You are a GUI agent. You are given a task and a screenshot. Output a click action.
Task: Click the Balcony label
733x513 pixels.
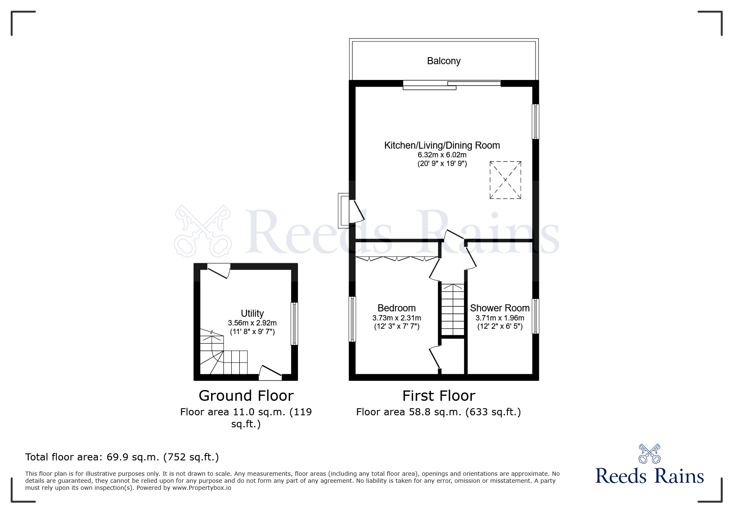click(444, 61)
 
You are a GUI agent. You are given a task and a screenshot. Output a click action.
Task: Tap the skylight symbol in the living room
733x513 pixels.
click(505, 180)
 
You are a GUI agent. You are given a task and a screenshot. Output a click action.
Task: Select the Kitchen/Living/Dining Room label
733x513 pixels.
click(442, 145)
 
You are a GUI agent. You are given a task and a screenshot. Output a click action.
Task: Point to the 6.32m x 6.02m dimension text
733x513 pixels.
click(442, 155)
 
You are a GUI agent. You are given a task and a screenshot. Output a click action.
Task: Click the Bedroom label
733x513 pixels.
click(397, 308)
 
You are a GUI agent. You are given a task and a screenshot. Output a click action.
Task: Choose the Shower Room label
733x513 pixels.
click(500, 308)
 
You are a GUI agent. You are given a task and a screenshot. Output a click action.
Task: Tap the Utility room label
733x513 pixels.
click(252, 313)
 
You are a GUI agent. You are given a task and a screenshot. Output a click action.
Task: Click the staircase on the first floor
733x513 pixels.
click(453, 310)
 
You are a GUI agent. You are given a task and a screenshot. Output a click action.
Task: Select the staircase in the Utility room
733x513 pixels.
click(224, 352)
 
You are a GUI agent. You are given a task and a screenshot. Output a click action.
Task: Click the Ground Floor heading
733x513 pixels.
click(246, 396)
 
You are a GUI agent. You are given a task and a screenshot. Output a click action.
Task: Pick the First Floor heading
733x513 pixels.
click(439, 396)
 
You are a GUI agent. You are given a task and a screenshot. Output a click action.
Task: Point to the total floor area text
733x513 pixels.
click(122, 457)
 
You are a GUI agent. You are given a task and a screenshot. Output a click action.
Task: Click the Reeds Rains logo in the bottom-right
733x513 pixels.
click(649, 464)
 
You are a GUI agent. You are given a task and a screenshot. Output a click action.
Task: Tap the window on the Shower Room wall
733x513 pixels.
click(535, 316)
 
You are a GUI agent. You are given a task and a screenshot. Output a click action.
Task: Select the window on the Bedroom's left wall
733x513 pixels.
click(352, 319)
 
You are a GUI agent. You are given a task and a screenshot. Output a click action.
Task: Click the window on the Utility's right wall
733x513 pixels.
click(294, 323)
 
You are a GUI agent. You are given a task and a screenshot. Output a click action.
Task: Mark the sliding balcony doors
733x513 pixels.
click(452, 84)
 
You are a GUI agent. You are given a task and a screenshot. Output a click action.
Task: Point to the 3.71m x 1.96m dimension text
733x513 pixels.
click(500, 318)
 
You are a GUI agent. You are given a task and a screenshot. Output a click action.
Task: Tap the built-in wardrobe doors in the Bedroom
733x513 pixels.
click(397, 259)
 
